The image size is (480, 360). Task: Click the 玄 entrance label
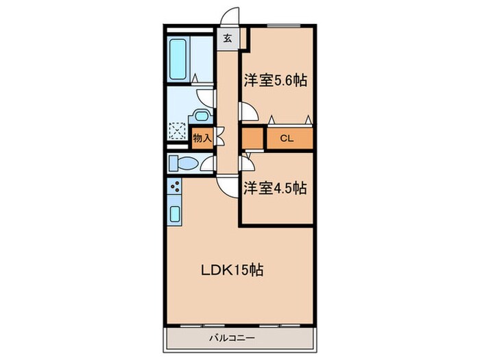[227, 38]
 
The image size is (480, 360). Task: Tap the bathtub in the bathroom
[178, 59]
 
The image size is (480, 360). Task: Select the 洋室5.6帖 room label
[275, 80]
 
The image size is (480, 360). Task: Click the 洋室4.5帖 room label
[275, 188]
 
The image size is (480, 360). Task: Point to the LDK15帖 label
[232, 270]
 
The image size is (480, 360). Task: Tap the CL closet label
[287, 139]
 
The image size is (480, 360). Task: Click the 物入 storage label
[202, 139]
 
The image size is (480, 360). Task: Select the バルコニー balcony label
[232, 338]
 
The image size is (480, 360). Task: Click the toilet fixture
[183, 163]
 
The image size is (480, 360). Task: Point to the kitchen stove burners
[176, 187]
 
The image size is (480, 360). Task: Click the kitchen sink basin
[175, 214]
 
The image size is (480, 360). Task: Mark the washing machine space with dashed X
[177, 131]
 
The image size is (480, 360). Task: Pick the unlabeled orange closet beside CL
[253, 139]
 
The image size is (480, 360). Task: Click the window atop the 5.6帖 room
[284, 26]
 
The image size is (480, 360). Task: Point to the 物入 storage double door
[220, 136]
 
